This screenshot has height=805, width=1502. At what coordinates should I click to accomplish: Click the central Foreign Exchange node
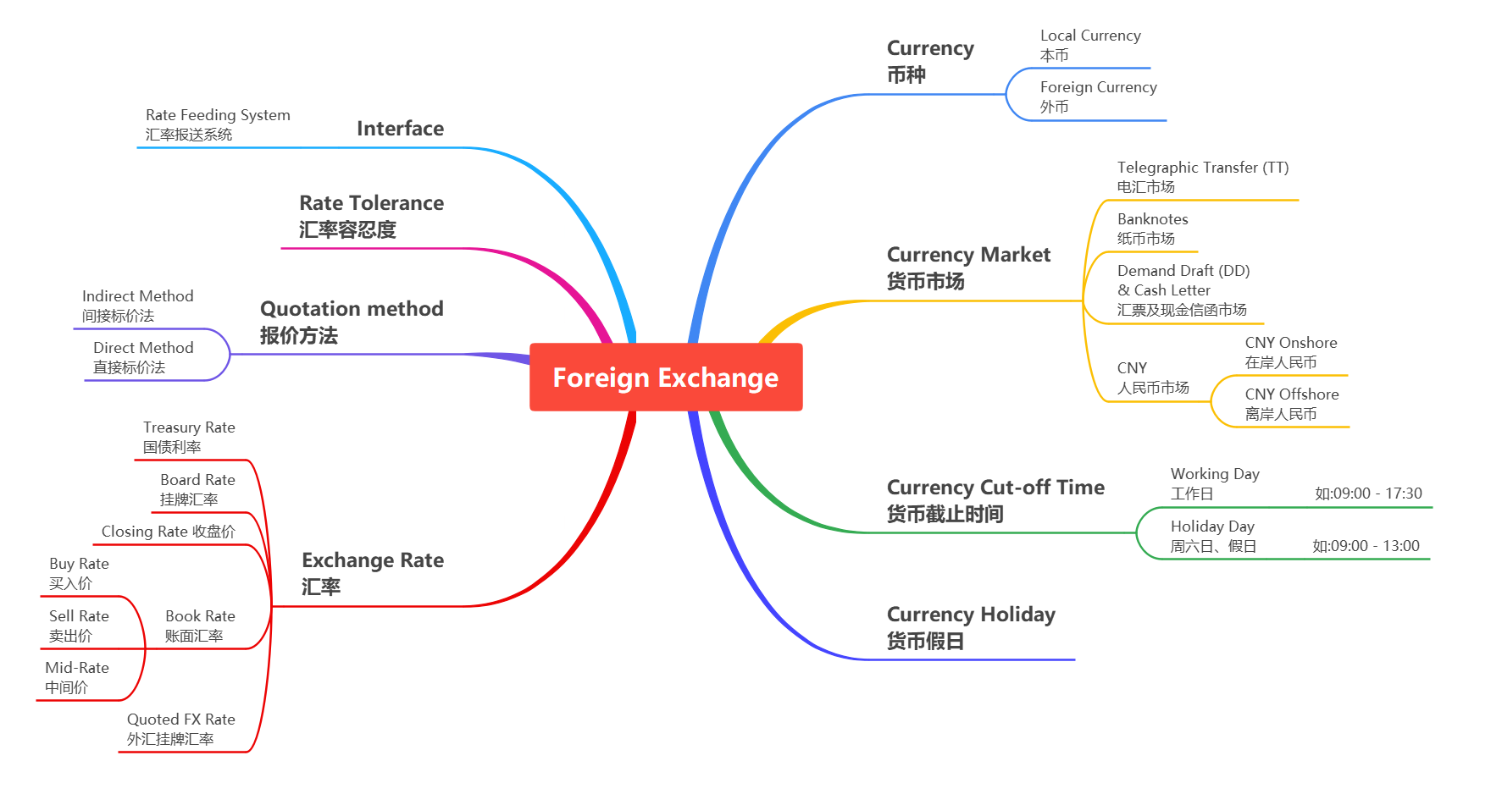[665, 378]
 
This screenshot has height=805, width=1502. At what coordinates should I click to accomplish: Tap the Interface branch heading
[400, 129]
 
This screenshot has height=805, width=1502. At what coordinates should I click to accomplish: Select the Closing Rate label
[168, 532]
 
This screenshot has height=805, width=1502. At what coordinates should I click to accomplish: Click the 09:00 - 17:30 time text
[1368, 493]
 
